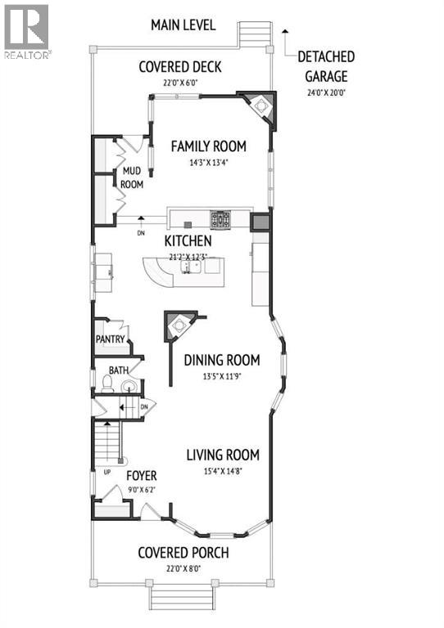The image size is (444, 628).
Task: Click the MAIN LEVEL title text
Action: [183, 25]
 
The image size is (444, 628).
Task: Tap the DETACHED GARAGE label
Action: [326, 66]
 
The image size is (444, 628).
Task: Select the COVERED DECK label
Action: [179, 67]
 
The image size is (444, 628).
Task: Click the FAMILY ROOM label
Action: [208, 146]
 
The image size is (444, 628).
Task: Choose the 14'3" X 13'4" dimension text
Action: [208, 162]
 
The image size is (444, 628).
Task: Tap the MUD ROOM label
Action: [133, 177]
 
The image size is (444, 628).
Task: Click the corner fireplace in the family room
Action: [260, 106]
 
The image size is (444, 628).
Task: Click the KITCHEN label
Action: [188, 241]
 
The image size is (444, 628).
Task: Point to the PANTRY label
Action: [109, 339]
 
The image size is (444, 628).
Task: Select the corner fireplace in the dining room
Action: [178, 326]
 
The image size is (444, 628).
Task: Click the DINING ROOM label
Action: [221, 360]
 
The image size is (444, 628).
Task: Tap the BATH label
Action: [119, 370]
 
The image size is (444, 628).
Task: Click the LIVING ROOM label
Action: [223, 455]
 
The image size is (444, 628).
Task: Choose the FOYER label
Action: [141, 476]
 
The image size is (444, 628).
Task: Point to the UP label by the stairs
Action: [107, 473]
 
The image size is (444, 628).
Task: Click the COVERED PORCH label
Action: [183, 553]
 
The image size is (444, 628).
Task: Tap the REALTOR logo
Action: [26, 31]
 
